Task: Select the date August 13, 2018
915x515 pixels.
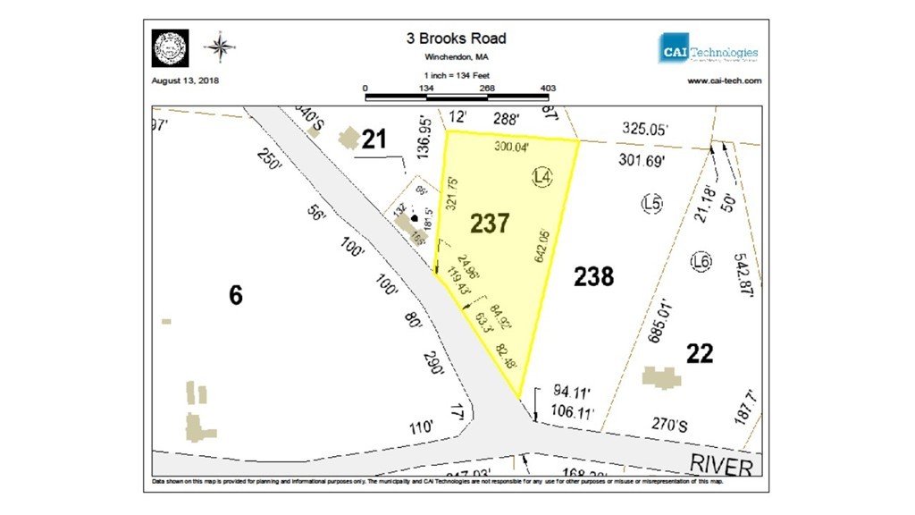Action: [x=186, y=80]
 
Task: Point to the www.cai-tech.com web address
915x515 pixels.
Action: [x=724, y=80]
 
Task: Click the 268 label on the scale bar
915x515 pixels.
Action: [x=487, y=89]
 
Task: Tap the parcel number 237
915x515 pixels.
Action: [x=490, y=223]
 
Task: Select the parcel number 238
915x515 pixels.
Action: [x=593, y=276]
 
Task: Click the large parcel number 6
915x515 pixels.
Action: [x=235, y=294]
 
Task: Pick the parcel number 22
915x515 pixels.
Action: [x=700, y=354]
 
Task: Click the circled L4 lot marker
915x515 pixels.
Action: [x=541, y=177]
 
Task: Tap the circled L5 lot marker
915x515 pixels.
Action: [x=652, y=204]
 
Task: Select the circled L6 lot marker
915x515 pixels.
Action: [x=701, y=261]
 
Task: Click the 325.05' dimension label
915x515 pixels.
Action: [x=644, y=130]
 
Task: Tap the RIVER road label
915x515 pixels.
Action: [x=722, y=464]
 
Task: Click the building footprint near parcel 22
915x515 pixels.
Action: [x=661, y=376]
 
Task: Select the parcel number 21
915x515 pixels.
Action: [x=374, y=139]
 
